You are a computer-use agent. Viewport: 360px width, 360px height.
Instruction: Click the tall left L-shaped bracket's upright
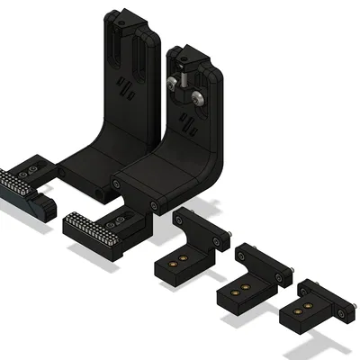(x=121, y=90)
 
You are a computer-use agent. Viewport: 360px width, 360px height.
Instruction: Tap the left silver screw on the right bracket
(x=171, y=84)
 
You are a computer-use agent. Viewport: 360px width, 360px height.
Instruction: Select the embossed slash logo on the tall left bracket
(x=126, y=89)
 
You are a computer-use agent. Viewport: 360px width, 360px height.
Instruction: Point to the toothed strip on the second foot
(x=90, y=229)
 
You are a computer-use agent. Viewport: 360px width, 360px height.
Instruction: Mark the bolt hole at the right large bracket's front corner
(x=156, y=204)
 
